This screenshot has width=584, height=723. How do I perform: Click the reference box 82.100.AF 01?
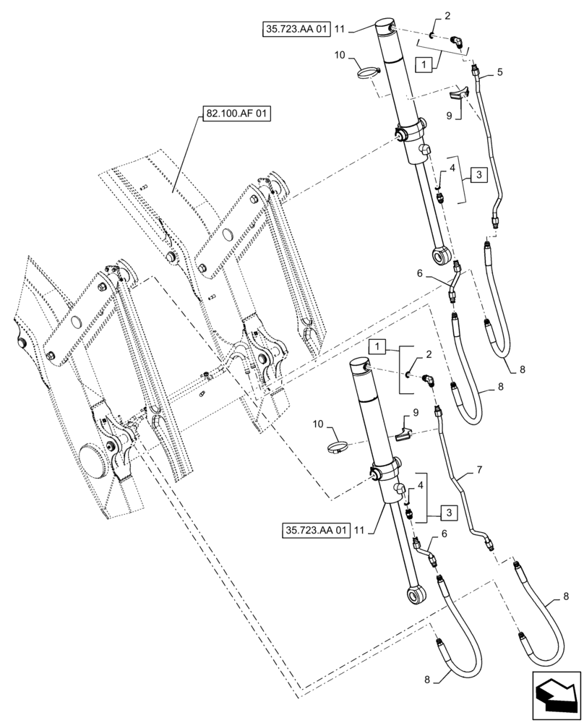pyautogui.click(x=228, y=116)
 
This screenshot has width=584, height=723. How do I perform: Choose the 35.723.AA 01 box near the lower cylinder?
pyautogui.click(x=316, y=530)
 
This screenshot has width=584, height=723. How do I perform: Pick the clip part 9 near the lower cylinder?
pyautogui.click(x=403, y=435)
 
